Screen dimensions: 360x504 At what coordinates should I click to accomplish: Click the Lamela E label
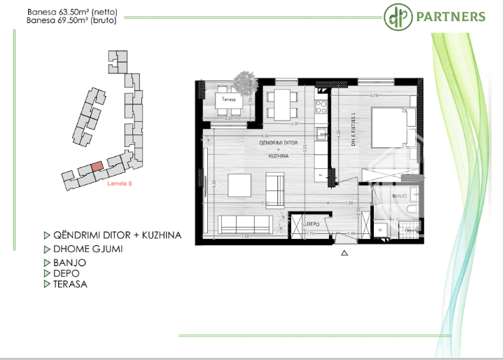pyautogui.click(x=120, y=185)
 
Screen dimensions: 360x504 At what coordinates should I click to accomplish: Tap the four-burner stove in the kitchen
pyautogui.click(x=322, y=107)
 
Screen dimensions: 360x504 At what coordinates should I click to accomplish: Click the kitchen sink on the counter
pyautogui.click(x=321, y=133)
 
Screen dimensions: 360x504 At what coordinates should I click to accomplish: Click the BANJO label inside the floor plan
pyautogui.click(x=399, y=196)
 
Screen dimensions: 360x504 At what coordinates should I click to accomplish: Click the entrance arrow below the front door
pyautogui.click(x=344, y=253)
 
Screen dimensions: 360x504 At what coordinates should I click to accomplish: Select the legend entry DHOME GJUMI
pyautogui.click(x=87, y=249)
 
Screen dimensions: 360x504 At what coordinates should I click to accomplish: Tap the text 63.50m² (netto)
pyautogui.click(x=90, y=12)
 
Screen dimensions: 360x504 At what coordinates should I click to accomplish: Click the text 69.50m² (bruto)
pyautogui.click(x=90, y=21)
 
